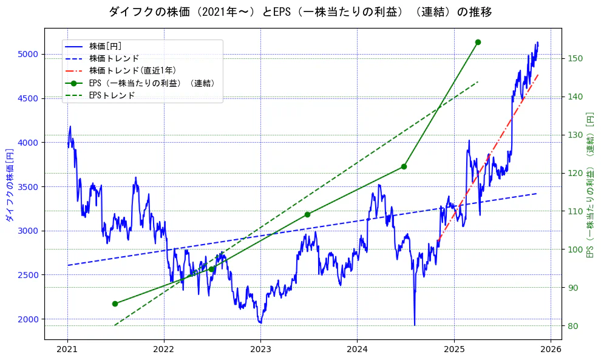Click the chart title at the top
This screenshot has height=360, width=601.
(300, 12)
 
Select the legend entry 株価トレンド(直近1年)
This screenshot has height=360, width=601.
(141, 70)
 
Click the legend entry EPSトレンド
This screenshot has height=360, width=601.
(112, 95)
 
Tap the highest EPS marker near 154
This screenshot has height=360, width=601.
(478, 42)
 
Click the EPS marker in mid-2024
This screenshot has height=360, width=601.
(404, 167)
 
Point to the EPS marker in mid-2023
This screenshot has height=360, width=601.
(307, 214)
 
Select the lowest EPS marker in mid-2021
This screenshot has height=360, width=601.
(115, 304)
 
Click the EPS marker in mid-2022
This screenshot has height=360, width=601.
(211, 269)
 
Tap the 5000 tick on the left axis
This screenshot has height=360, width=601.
(28, 54)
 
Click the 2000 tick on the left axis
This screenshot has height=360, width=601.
(28, 319)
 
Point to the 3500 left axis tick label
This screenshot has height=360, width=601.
(28, 187)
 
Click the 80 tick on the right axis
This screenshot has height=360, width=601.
(572, 326)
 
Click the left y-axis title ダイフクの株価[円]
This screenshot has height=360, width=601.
(9, 185)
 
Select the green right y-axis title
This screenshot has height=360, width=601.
(589, 185)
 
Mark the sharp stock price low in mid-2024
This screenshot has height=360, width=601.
(415, 325)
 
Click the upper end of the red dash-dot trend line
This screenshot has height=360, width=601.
(538, 75)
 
